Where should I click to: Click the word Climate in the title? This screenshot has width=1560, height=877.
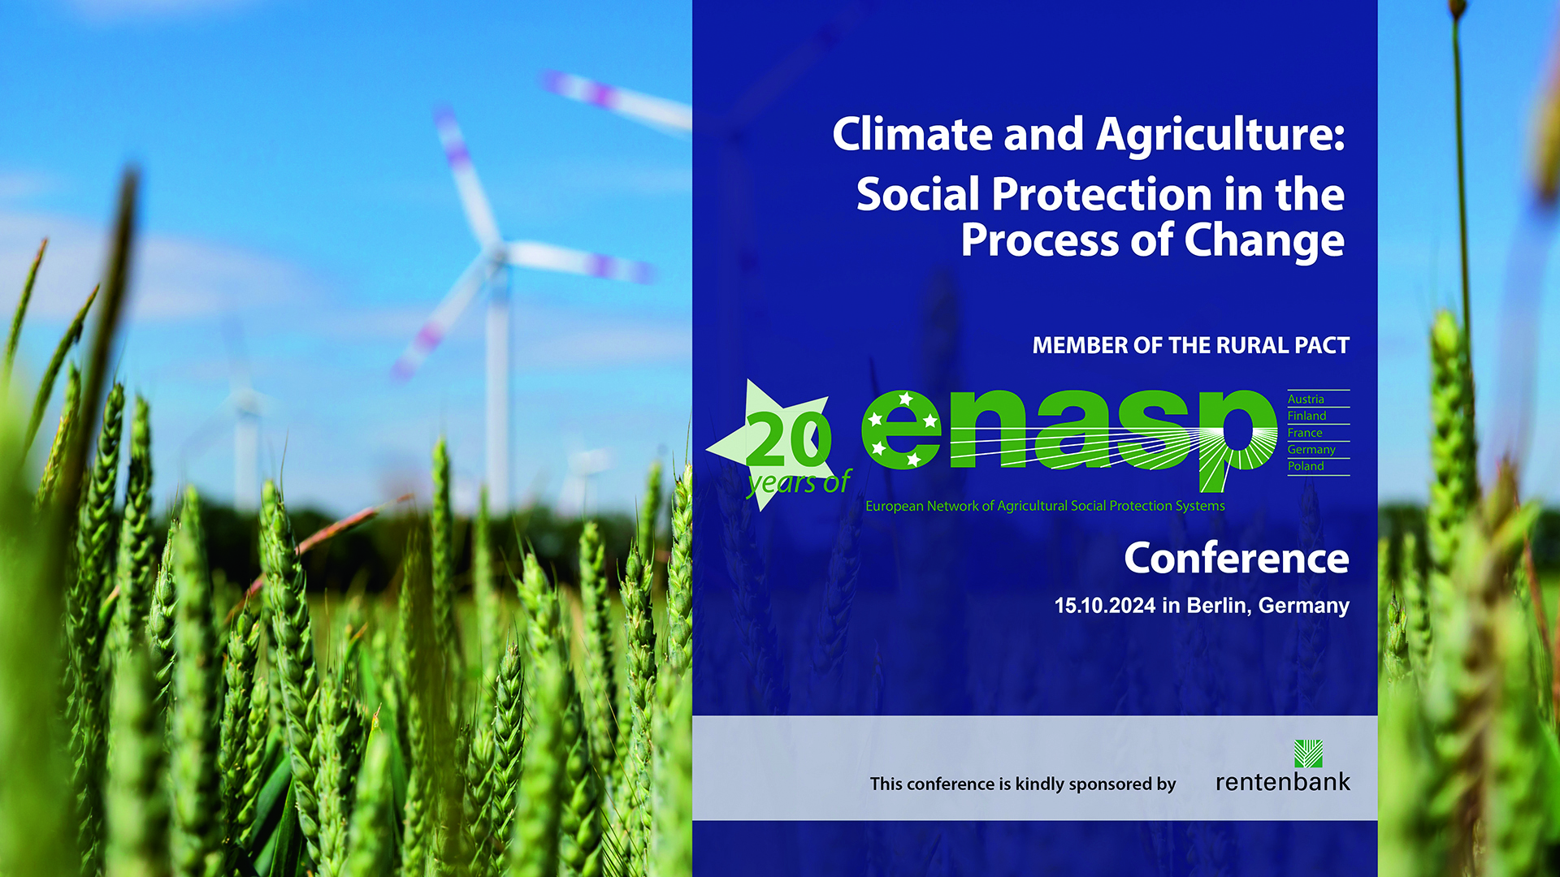pos(912,134)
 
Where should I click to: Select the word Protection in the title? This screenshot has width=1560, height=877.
pos(1103,195)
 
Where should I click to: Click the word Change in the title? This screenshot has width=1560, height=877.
pos(1264,242)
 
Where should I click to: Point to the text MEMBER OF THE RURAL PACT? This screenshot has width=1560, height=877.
pos(1190,346)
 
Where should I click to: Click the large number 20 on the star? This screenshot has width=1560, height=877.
pos(788,438)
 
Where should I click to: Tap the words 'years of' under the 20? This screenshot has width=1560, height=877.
pos(799,482)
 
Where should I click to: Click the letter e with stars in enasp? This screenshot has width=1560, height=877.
pos(901,430)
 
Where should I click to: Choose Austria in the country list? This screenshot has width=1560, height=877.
pos(1306,400)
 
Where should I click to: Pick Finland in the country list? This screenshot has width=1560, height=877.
pos(1306,416)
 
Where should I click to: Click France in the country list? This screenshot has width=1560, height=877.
pos(1305,433)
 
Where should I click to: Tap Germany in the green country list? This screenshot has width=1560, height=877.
pos(1311,450)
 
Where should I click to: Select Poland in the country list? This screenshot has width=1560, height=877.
pos(1306,466)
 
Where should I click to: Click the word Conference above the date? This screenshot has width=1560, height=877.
pos(1237,559)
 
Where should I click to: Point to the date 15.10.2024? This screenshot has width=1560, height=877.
pos(1105,606)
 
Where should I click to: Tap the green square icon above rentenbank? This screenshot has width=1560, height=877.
pos(1308,754)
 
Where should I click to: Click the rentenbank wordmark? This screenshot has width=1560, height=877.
pos(1283,782)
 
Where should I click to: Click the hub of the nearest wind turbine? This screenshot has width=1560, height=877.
pos(494,254)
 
